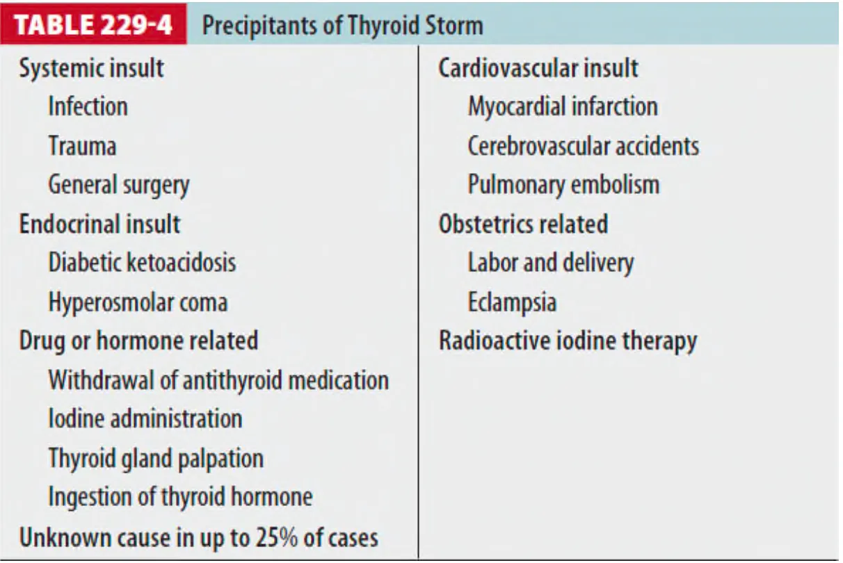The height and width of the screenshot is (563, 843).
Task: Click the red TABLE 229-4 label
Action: point(93,24)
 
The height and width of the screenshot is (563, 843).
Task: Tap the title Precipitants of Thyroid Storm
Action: point(342,26)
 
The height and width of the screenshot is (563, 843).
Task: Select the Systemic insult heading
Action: point(91,68)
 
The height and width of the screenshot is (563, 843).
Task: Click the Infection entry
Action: point(88,106)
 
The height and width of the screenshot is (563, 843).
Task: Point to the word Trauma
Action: point(82,145)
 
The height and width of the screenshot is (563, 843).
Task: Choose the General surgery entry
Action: point(119,186)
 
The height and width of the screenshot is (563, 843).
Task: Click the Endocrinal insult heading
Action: point(99,224)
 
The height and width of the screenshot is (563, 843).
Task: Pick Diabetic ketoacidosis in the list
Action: point(143,263)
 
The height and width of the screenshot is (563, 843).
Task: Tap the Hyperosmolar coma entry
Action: point(138,302)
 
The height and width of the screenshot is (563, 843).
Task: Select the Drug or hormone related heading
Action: point(138,341)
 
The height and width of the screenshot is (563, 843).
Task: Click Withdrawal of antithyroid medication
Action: point(218,380)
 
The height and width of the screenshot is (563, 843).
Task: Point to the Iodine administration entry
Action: point(145,419)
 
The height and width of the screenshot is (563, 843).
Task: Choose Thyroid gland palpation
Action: point(156,459)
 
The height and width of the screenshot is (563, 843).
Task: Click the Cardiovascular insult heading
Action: point(538,68)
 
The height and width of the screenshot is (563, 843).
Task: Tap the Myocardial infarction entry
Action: point(563,107)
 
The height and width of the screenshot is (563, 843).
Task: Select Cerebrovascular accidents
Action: point(584,145)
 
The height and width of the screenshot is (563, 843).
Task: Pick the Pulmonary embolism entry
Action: point(563,186)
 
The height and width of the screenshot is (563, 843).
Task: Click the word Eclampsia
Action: point(512,302)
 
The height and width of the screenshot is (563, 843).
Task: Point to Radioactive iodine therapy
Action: point(568,341)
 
